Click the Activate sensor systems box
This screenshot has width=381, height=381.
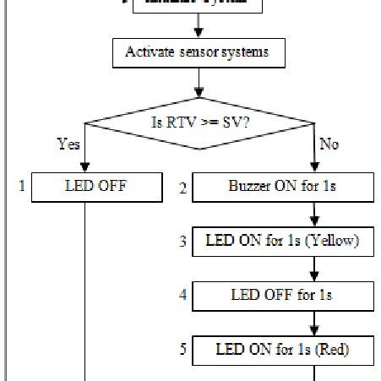197,53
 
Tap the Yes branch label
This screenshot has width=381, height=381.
69,144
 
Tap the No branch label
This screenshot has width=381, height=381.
329,144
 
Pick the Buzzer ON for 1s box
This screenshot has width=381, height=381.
281,187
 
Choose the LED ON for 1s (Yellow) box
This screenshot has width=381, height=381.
281,242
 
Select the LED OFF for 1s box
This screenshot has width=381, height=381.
281,296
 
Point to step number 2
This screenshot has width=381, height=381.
182,188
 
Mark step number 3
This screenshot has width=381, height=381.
182,242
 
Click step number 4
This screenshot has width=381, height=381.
182,296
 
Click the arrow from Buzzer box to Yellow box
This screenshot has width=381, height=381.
315,214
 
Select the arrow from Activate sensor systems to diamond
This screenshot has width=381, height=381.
199,82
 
